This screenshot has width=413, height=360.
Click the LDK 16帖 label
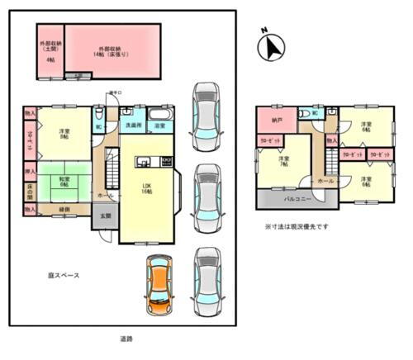click(145, 188)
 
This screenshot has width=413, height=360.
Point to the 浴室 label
click(162, 126)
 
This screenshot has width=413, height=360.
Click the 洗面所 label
click(133, 126)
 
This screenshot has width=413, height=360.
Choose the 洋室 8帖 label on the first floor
click(64, 135)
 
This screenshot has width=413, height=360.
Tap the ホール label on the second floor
click(325, 180)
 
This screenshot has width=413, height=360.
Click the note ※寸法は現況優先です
click(297, 226)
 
